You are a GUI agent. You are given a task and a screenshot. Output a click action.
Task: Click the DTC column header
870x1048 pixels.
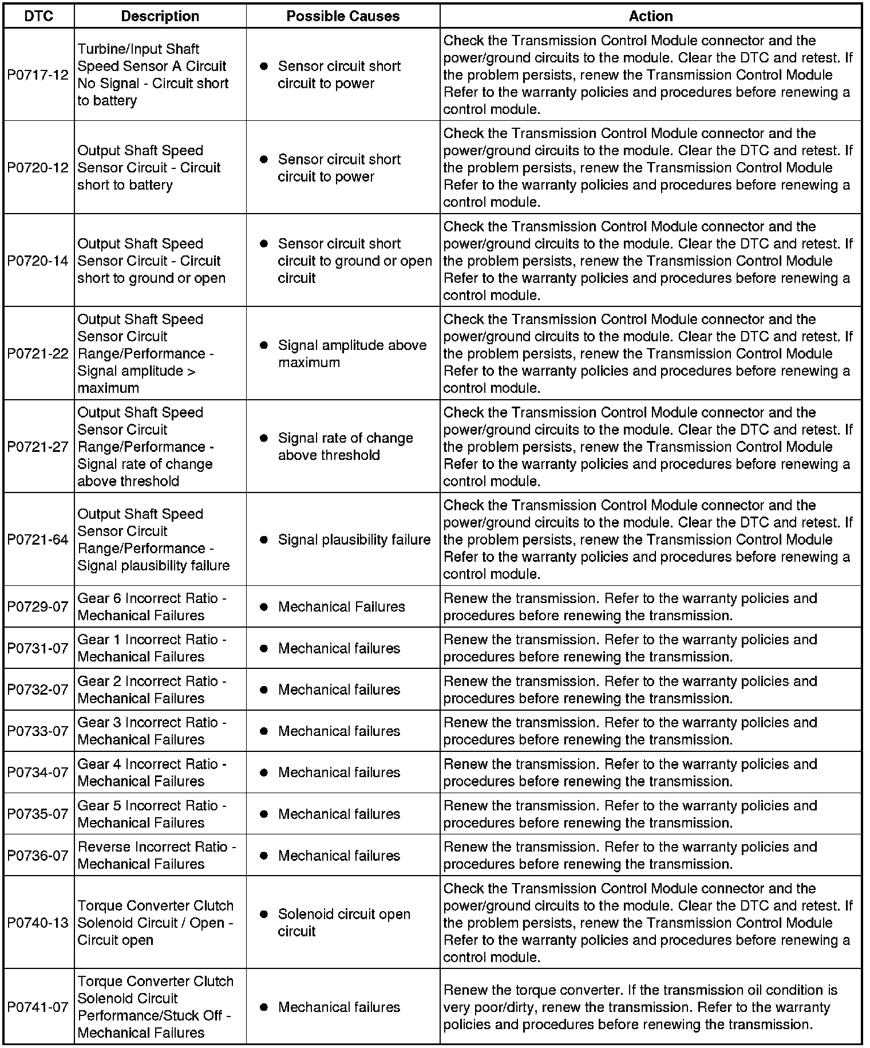tap(38, 16)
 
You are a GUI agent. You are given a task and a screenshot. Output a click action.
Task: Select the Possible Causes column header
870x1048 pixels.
tap(343, 16)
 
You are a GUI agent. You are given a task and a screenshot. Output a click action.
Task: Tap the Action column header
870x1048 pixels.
tap(650, 16)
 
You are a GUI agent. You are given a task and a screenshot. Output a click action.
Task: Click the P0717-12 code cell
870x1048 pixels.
tap(38, 75)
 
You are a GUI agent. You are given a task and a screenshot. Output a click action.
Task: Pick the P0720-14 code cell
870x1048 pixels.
tap(38, 261)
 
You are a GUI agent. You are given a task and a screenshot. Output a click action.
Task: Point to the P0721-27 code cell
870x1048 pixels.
tap(38, 447)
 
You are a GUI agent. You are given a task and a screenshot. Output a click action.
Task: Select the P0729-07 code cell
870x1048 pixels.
tap(38, 606)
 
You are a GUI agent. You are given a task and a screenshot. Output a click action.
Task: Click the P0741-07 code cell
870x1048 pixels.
tap(38, 1007)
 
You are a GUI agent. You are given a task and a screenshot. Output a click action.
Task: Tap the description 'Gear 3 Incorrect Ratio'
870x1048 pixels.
tap(152, 731)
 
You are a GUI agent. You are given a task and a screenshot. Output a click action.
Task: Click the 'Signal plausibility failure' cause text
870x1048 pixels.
tap(354, 539)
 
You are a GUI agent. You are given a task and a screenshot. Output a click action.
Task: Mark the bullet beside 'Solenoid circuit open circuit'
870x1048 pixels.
tap(264, 915)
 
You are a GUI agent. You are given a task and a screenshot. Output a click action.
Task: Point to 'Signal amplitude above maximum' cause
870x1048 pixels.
tap(351, 354)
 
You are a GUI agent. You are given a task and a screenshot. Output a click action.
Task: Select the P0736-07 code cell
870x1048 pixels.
tap(38, 855)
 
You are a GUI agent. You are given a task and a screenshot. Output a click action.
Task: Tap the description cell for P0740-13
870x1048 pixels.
tap(155, 923)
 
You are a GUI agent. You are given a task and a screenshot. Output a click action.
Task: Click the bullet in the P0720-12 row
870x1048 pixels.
tap(264, 159)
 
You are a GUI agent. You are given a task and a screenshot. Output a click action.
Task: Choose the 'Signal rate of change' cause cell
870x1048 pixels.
tap(345, 447)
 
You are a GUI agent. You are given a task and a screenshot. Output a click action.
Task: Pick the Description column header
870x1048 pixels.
tap(160, 16)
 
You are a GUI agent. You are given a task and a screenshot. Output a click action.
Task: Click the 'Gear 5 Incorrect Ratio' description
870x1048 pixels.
tap(152, 814)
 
